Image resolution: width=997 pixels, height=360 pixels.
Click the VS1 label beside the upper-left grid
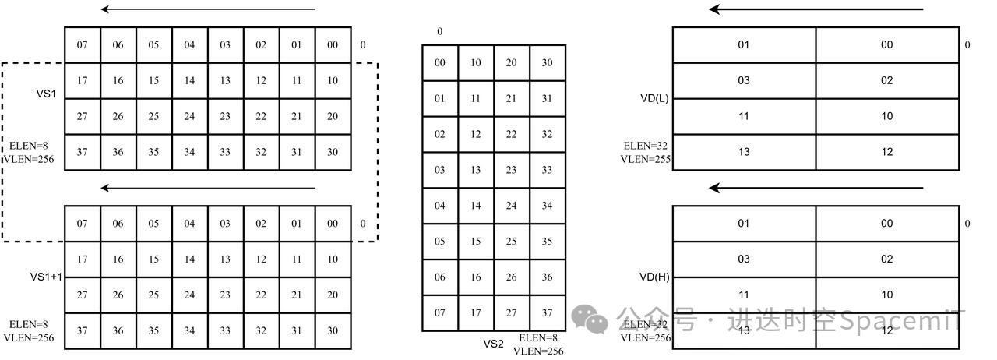[46, 94]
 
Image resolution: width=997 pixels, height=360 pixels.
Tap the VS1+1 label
[46, 277]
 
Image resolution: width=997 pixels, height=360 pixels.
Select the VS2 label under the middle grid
[493, 344]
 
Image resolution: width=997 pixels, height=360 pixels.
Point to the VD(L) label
[654, 98]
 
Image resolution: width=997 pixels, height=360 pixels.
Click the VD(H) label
[654, 277]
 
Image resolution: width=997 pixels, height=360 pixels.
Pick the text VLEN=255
[646, 159]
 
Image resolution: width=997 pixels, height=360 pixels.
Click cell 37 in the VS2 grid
[548, 312]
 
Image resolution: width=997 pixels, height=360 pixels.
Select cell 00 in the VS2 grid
[440, 63]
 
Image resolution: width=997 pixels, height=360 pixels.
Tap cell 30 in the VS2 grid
[548, 63]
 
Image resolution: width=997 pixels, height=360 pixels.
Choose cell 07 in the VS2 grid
[440, 312]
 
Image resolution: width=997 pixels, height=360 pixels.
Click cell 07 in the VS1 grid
[83, 44]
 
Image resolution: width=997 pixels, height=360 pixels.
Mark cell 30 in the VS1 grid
[333, 152]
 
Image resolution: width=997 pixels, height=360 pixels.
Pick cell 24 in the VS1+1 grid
[189, 295]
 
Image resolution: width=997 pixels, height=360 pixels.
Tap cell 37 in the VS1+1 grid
[83, 330]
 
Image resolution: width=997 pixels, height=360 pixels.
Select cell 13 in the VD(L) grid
[744, 152]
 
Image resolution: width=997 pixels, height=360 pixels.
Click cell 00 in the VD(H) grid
[887, 223]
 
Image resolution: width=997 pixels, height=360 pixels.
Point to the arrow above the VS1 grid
[208, 9]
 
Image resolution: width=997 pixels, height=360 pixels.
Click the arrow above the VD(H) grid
[816, 188]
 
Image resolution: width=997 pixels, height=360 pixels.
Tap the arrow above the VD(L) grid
[816, 9]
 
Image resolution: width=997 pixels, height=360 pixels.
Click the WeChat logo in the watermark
[590, 319]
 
